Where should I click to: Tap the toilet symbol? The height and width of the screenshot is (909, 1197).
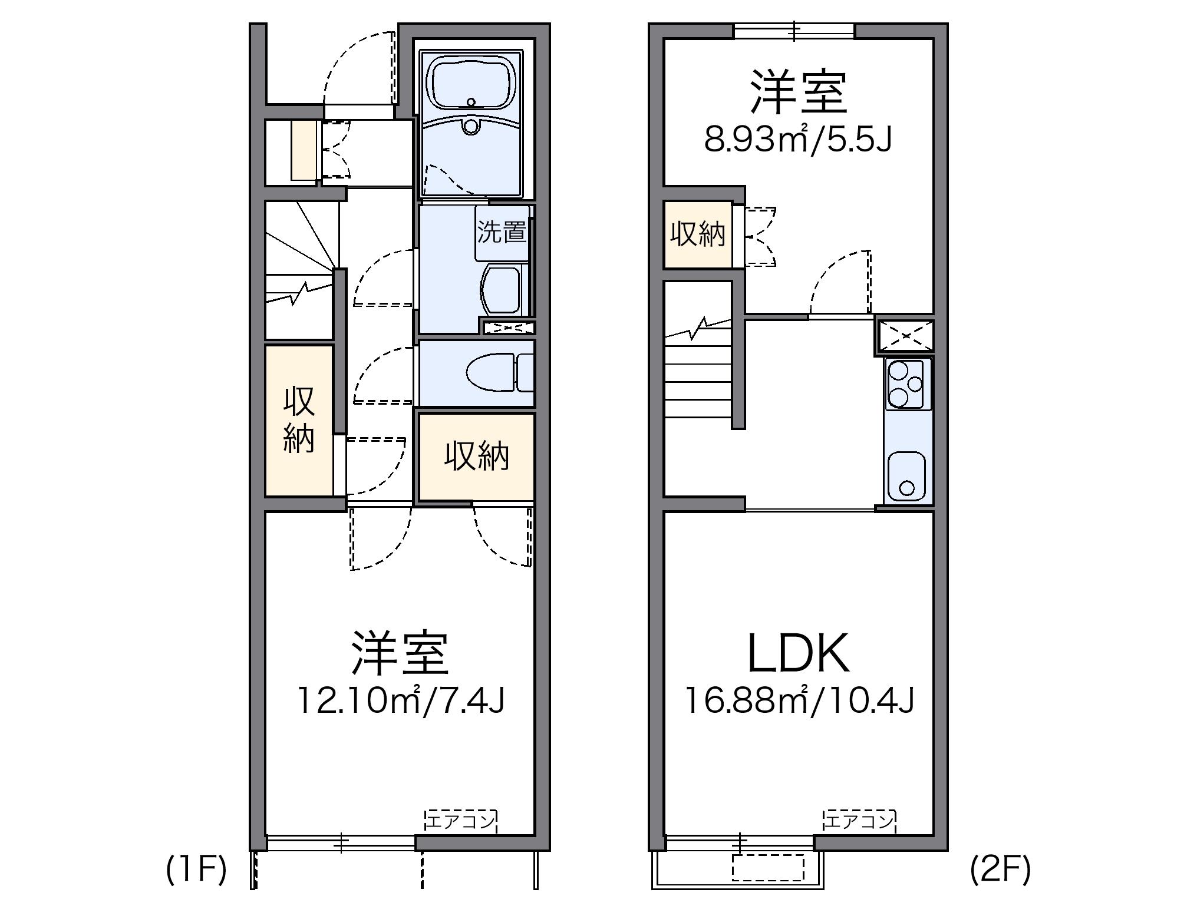click(492, 372)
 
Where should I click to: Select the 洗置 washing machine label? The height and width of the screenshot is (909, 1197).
click(502, 232)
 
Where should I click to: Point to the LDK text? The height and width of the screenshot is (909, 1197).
click(798, 654)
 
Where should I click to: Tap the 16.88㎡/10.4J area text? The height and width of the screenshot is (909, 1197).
click(799, 701)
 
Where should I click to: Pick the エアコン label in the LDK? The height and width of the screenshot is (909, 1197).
click(859, 821)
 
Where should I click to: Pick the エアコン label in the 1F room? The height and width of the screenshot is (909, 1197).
click(460, 821)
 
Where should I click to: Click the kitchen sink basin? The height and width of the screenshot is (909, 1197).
click(906, 477)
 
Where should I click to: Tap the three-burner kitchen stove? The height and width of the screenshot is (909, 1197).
click(906, 384)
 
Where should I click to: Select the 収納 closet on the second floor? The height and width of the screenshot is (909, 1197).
click(698, 234)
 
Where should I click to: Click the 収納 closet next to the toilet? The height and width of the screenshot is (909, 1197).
click(476, 457)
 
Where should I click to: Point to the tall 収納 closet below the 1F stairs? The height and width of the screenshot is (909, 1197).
click(299, 419)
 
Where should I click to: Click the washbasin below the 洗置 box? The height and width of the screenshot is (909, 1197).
click(501, 290)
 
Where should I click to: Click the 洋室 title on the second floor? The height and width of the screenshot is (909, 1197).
click(798, 92)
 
